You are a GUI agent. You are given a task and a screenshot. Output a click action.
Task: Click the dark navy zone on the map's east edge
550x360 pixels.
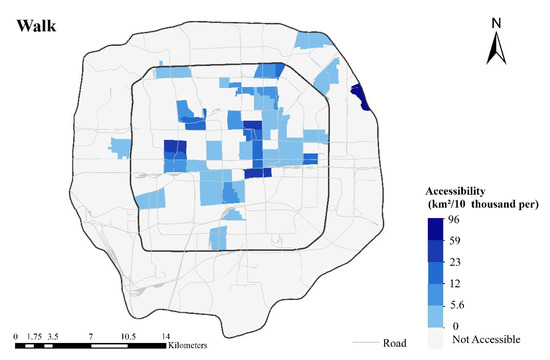pos(360,99)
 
